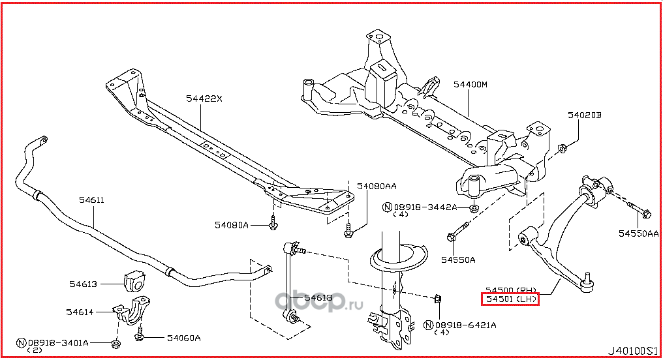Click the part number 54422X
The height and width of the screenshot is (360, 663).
[x=204, y=99]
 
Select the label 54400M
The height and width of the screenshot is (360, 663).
[x=470, y=85]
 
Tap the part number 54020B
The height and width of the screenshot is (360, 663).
[x=583, y=115]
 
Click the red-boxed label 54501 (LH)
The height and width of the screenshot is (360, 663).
[x=510, y=299]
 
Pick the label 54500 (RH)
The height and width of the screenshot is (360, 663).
[x=510, y=289]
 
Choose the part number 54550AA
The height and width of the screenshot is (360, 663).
[x=639, y=233]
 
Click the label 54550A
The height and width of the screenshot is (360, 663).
[x=457, y=260]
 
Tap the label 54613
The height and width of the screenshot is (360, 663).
[x=84, y=284]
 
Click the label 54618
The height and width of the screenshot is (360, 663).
[x=319, y=298]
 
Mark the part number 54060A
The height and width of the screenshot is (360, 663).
[x=183, y=338]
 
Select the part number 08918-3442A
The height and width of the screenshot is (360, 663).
[x=424, y=207]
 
